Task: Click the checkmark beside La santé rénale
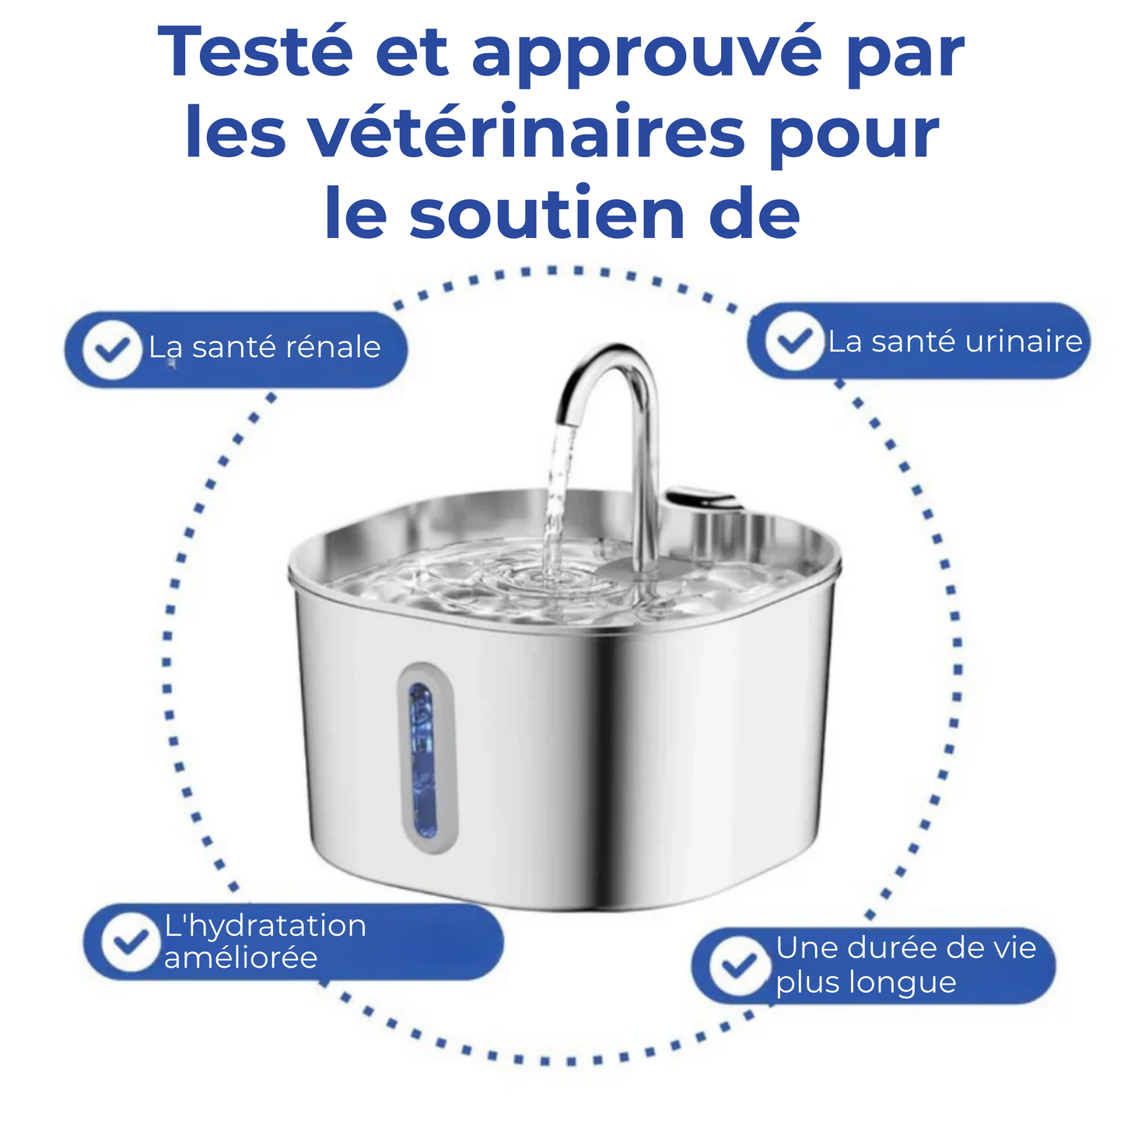[x=112, y=349]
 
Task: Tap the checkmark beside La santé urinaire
[x=794, y=341]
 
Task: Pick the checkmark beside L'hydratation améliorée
[x=131, y=942]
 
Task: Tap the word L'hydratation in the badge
[x=265, y=926]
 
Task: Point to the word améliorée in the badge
[x=240, y=958]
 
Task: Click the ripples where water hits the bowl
[x=548, y=580]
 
